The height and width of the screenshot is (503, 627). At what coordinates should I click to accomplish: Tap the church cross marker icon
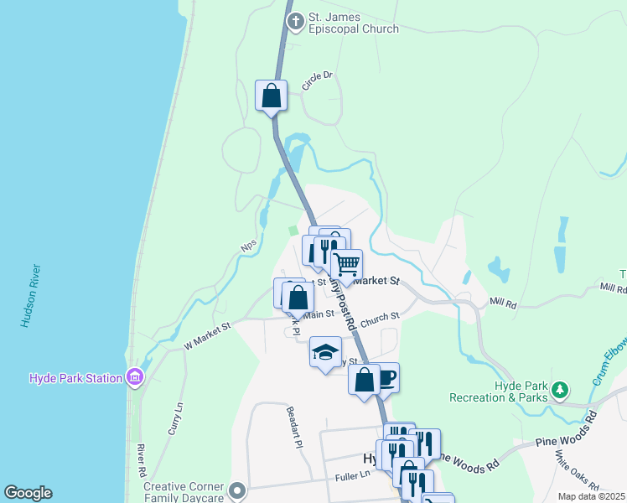[294, 22]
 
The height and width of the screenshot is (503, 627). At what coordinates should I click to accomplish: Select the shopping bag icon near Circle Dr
[272, 96]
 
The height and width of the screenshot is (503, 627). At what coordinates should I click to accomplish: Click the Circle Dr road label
[318, 80]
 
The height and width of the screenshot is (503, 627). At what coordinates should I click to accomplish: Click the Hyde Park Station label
[75, 378]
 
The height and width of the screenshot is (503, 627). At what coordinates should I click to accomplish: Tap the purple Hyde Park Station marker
[134, 378]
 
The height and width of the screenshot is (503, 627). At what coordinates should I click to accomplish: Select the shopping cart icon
[346, 266]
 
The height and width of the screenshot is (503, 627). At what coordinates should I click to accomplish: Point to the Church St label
[381, 318]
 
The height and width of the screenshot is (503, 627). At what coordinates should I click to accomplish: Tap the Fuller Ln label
[353, 475]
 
